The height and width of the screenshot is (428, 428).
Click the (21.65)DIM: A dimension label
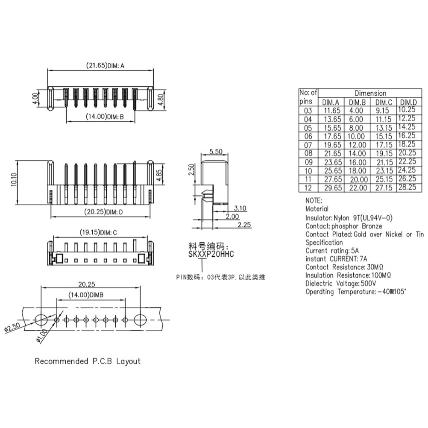[105, 65]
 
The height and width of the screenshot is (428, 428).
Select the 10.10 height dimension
[14, 179]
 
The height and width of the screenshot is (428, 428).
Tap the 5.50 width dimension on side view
[216, 151]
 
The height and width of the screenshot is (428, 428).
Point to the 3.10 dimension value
[240, 208]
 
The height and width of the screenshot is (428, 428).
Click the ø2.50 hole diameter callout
[12, 327]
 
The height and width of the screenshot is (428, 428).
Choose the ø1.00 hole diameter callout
[42, 335]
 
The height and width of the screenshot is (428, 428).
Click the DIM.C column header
[384, 103]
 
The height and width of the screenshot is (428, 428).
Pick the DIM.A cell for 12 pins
[333, 188]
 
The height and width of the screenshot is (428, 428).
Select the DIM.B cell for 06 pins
[356, 136]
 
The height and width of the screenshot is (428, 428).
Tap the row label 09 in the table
[308, 162]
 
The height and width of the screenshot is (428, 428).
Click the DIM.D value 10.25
[407, 109]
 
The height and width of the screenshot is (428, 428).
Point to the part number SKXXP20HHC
[211, 254]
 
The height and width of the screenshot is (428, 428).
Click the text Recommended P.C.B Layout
[87, 361]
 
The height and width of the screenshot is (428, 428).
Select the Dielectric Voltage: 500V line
[341, 283]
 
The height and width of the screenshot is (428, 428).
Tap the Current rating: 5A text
[332, 251]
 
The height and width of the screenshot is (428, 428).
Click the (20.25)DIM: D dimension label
[103, 212]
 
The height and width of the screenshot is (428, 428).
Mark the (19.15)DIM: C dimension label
[98, 232]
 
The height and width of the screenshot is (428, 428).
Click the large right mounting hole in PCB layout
[140, 320]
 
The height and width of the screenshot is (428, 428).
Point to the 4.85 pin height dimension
[159, 176]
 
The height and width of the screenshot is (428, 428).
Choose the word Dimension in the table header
[370, 93]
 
